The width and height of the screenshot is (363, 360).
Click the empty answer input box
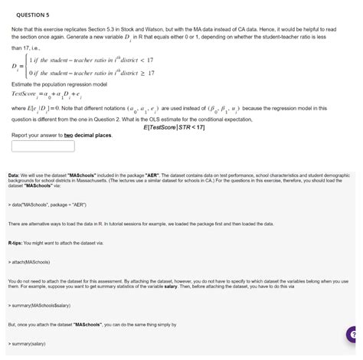tap(42, 145)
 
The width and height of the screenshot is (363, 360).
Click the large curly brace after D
tap(28, 66)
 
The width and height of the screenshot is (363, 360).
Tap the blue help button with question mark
tap(352, 334)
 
